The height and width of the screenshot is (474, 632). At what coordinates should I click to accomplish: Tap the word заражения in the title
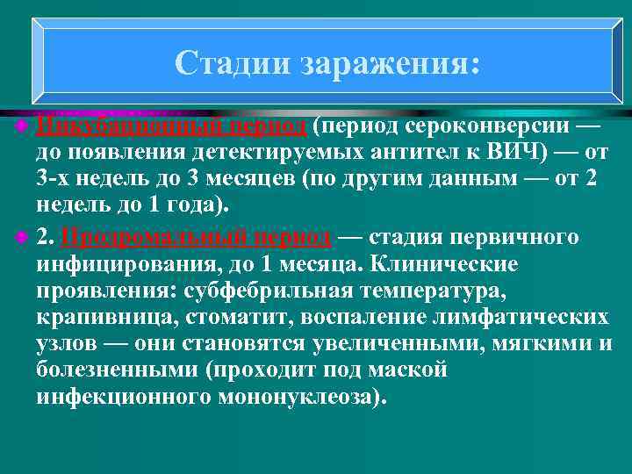(390, 62)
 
